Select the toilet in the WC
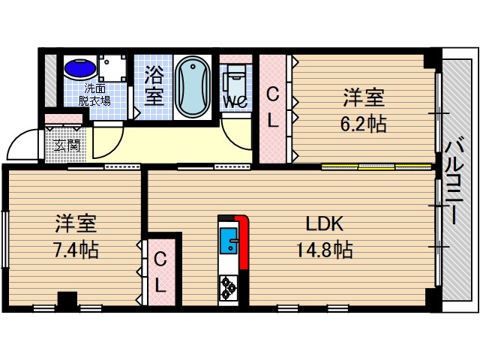[234, 76]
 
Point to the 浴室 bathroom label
[154, 86]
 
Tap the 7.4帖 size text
[76, 248]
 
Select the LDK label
[323, 223]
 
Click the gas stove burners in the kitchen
[228, 286]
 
